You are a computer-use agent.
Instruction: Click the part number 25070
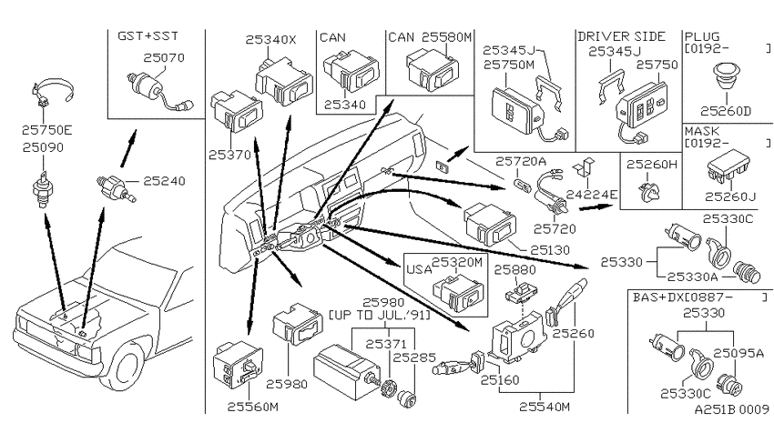[x=164, y=57]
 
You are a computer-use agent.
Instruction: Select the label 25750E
[x=46, y=130]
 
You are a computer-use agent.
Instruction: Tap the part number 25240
[x=165, y=181]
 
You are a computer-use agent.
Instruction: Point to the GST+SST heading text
[x=148, y=36]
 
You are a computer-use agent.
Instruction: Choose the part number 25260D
[x=725, y=111]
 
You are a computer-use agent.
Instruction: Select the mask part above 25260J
[x=728, y=166]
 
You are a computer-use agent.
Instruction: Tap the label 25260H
[x=652, y=164]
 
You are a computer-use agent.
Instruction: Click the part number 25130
[x=550, y=250]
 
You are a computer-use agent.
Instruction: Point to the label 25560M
[x=253, y=407]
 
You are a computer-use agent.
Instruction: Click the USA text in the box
[x=419, y=269]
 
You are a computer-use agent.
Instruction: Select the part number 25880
[x=514, y=269]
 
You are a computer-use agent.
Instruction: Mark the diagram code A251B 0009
[x=731, y=409]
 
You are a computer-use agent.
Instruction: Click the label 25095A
[x=738, y=353]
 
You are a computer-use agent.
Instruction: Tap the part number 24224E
[x=591, y=195]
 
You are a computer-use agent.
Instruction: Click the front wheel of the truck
[x=125, y=368]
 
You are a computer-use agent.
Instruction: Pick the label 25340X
[x=271, y=40]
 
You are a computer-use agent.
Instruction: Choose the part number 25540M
[x=545, y=407]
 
